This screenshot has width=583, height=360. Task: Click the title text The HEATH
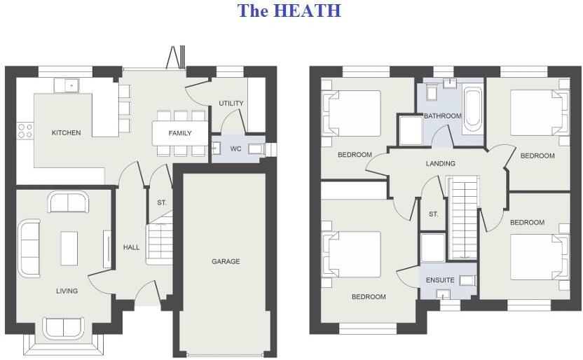tap(289, 11)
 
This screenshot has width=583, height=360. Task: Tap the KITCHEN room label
tap(67, 132)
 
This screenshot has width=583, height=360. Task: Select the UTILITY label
tap(231, 104)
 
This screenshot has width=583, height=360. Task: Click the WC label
tap(235, 148)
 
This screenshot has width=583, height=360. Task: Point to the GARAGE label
tap(226, 261)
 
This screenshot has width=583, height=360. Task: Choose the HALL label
tap(132, 247)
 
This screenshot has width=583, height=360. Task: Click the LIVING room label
tap(67, 291)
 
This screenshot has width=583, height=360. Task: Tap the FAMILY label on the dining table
tap(180, 133)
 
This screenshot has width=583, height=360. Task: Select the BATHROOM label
tap(443, 116)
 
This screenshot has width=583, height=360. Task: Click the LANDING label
tap(441, 164)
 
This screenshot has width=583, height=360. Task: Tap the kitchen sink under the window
tap(70, 85)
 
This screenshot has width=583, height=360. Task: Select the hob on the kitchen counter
tap(25, 130)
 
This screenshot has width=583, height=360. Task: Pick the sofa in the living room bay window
tap(62, 328)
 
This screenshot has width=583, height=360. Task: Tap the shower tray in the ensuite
tap(432, 247)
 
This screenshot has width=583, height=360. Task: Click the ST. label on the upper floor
tap(434, 214)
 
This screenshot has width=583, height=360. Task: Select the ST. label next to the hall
tap(162, 203)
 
